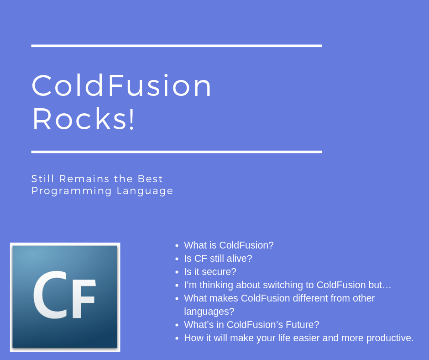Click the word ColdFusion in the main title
pos(122,86)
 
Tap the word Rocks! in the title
pos(84,119)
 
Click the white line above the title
pos(177,46)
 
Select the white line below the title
pos(177,152)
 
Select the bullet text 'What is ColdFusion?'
pos(229,245)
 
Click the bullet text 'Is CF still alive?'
pos(218,259)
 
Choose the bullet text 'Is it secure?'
pos(210,272)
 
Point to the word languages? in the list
pos(209,312)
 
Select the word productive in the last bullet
pos(390,338)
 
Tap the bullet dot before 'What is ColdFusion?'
pos(177,246)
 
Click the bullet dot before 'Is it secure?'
pos(177,272)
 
